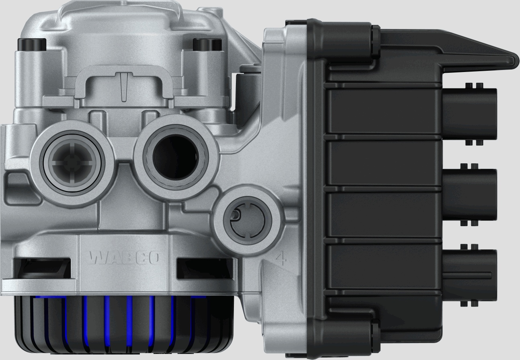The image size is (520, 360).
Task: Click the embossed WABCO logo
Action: [x=125, y=258]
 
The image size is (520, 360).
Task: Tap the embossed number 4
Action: [x=281, y=258]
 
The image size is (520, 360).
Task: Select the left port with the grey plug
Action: [x=72, y=162]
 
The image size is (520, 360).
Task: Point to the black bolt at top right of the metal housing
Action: [x=207, y=45]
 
